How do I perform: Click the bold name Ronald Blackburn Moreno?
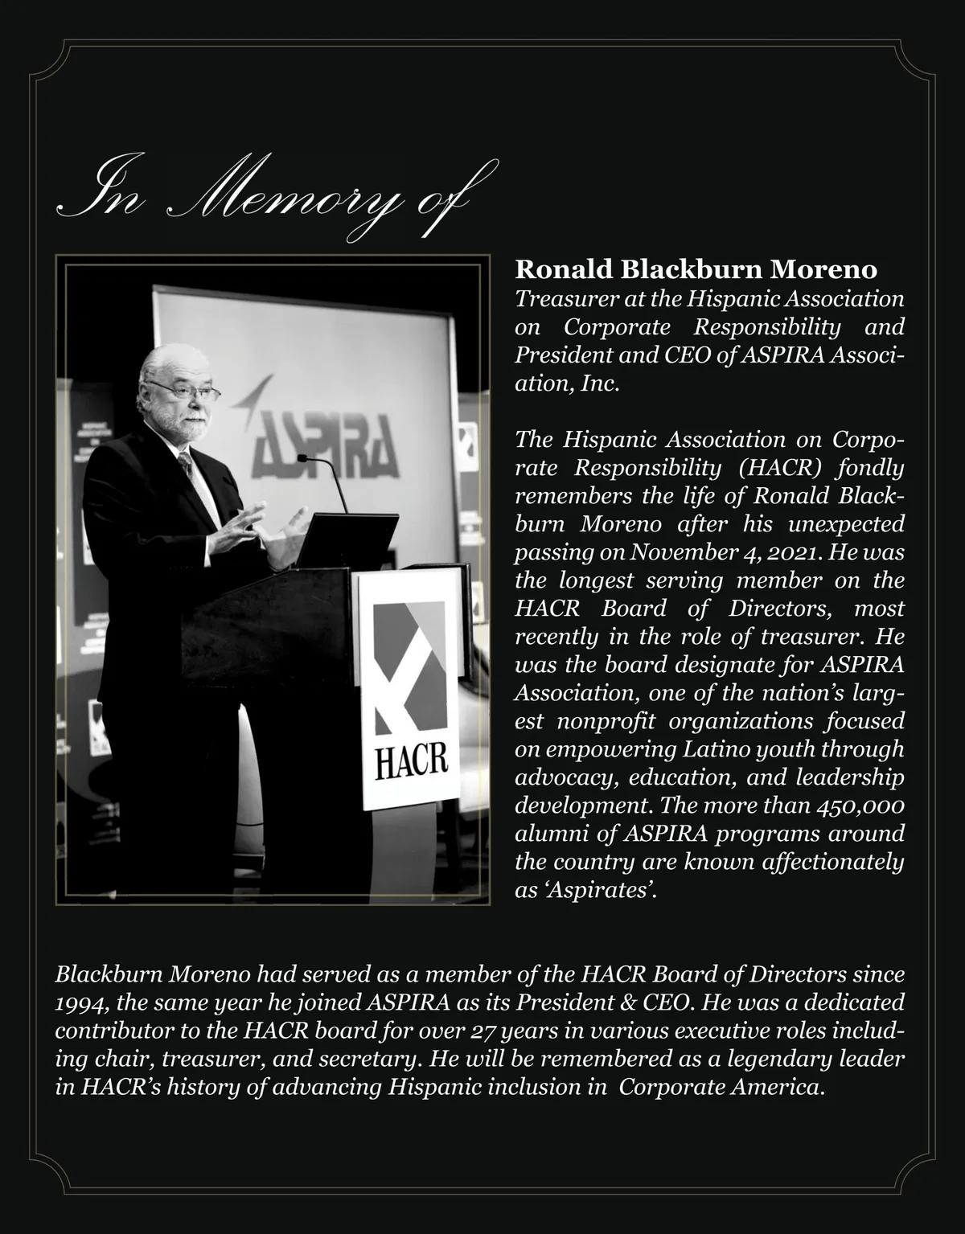coord(696,269)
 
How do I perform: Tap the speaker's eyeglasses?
coord(185,391)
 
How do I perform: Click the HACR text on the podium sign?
coord(409,760)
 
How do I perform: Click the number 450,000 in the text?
coord(860,806)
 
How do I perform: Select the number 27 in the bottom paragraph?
coord(482,1031)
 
